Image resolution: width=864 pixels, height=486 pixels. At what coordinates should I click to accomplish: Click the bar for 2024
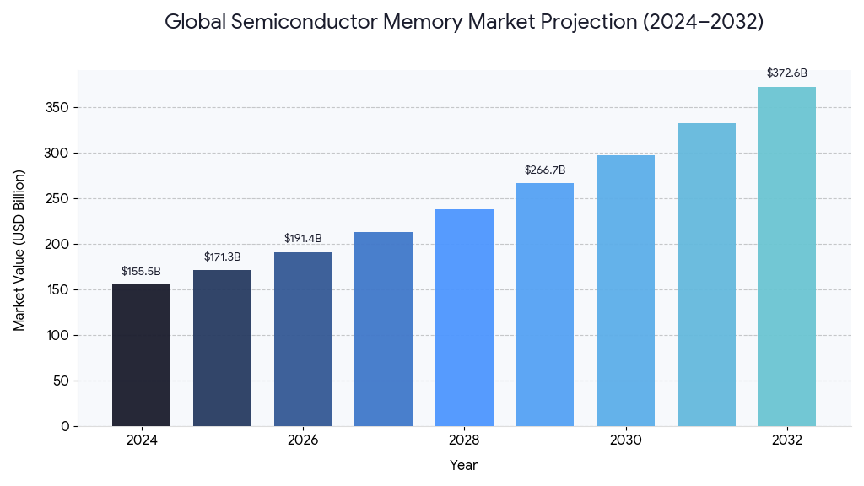[141, 355]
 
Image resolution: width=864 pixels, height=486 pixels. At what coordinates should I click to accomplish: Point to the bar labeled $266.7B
[545, 305]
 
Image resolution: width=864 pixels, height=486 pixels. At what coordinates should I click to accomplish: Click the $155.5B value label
[141, 272]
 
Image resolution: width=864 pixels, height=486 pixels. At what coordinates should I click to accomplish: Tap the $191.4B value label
[303, 239]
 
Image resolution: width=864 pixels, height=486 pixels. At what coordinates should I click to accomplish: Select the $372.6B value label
[786, 73]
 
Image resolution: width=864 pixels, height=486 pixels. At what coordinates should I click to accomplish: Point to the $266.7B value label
[545, 170]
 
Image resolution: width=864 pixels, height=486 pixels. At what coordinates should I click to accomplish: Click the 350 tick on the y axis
[59, 108]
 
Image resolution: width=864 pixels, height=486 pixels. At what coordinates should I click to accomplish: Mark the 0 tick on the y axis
[65, 426]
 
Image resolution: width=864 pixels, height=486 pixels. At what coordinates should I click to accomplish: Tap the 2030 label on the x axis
[625, 440]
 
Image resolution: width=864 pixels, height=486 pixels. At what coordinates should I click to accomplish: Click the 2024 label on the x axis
[141, 440]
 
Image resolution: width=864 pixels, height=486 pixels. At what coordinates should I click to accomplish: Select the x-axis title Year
[463, 465]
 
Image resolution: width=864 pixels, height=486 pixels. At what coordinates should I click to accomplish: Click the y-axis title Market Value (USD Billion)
[19, 250]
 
